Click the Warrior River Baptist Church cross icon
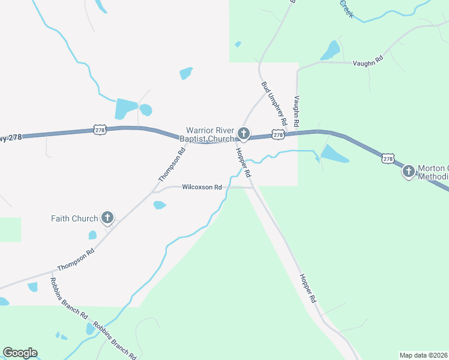(244, 133)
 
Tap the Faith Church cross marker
(107, 218)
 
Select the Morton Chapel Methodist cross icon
(408, 171)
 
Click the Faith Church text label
(74, 218)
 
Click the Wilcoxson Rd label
(202, 187)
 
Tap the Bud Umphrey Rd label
(274, 103)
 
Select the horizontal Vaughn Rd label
(368, 61)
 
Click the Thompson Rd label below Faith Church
(76, 260)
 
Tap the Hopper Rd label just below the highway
(243, 162)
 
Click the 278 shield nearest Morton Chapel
(388, 158)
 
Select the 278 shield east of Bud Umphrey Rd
(278, 136)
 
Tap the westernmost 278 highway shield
(100, 129)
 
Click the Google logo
(20, 353)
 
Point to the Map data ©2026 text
(424, 355)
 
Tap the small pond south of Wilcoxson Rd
(159, 205)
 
